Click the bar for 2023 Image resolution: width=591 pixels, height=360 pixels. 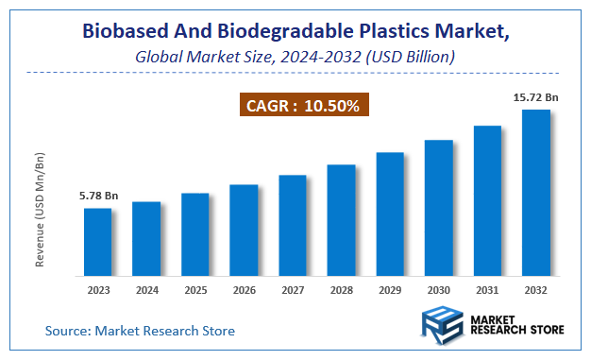(98, 242)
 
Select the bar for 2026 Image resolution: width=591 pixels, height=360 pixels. (244, 231)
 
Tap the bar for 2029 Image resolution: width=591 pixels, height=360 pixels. (390, 214)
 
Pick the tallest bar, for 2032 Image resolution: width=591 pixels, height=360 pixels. (536, 193)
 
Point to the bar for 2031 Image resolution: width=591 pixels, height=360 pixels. (487, 200)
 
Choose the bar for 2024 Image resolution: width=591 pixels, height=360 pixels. (146, 239)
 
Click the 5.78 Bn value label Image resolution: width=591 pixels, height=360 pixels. (98, 196)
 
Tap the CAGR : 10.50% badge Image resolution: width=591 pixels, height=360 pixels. (302, 106)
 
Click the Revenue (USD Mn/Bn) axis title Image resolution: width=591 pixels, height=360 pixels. (41, 208)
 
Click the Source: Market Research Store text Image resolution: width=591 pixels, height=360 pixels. (140, 331)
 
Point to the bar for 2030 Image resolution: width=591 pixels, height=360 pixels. (439, 208)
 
